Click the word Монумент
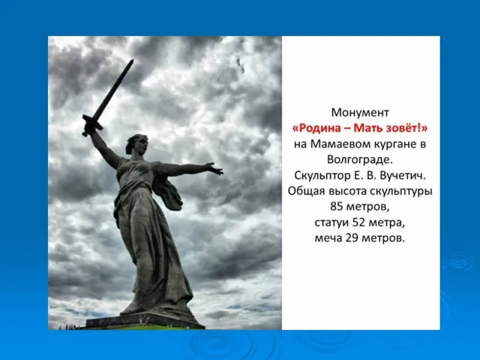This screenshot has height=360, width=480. (x=360, y=112)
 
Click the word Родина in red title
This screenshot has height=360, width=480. (x=317, y=128)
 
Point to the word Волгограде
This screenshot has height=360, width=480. (x=360, y=160)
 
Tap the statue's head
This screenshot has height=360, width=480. (x=134, y=145)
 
